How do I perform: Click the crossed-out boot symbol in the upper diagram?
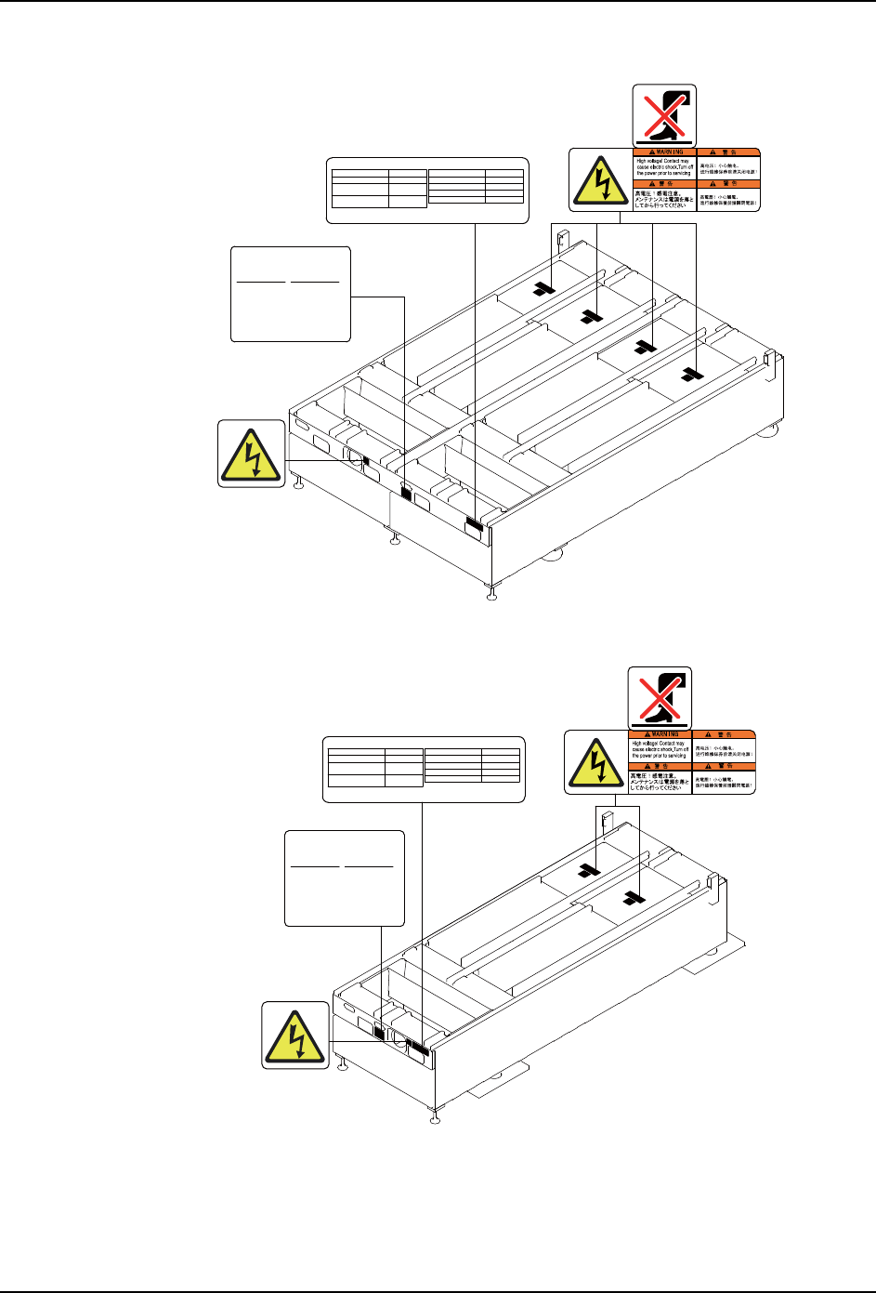click(664, 116)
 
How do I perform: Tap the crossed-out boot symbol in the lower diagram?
click(660, 697)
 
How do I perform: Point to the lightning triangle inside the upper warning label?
click(601, 180)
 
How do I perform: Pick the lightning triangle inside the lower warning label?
click(596, 762)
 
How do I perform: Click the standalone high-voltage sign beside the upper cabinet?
click(252, 454)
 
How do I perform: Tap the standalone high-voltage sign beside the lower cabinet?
click(295, 1035)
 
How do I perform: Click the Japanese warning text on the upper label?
click(663, 199)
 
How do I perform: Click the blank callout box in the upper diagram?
click(291, 294)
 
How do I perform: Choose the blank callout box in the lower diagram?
click(345, 877)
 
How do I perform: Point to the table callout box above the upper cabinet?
click(427, 191)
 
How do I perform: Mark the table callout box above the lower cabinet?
click(423, 769)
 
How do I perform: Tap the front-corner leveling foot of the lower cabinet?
click(433, 1115)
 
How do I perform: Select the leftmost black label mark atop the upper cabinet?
click(543, 290)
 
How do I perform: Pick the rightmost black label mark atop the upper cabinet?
click(688, 375)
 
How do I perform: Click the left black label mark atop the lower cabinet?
click(587, 871)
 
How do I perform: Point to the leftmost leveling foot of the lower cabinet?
click(344, 1063)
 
